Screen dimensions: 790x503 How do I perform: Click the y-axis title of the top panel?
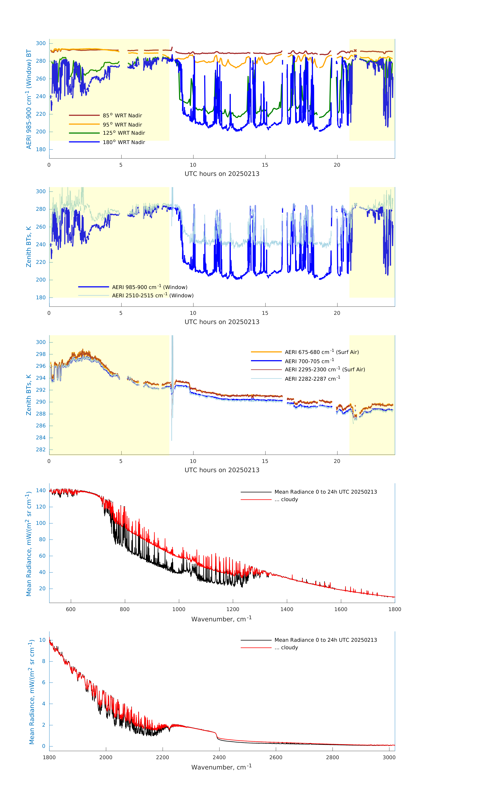pos(29,99)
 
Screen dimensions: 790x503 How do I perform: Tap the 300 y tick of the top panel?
pos(41,43)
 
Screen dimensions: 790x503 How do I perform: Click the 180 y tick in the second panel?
pos(41,298)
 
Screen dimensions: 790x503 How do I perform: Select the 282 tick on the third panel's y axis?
pos(41,450)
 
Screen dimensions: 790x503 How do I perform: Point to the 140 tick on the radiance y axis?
pos(41,490)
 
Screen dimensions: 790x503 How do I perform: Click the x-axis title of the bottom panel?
pos(221,767)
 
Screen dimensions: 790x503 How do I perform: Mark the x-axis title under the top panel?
pos(222,174)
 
